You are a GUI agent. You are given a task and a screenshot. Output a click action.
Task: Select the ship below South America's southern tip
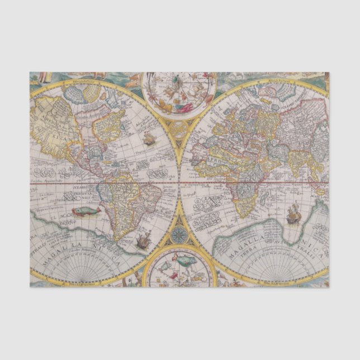pyautogui.click(x=143, y=241)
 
